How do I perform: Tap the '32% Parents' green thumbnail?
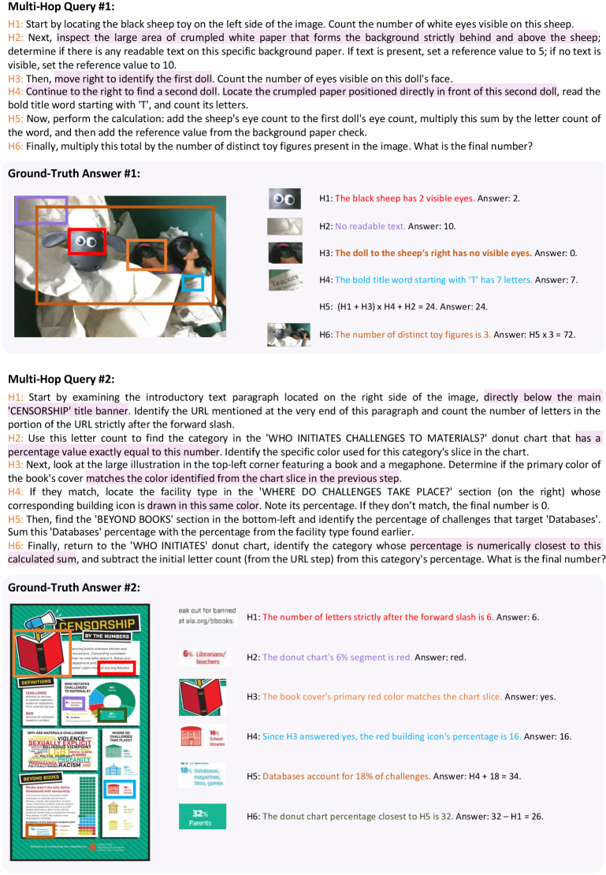[203, 815]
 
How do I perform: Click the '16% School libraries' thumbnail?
[203, 736]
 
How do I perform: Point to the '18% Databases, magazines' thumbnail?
[203, 776]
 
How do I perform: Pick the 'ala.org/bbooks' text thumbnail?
[203, 616]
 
